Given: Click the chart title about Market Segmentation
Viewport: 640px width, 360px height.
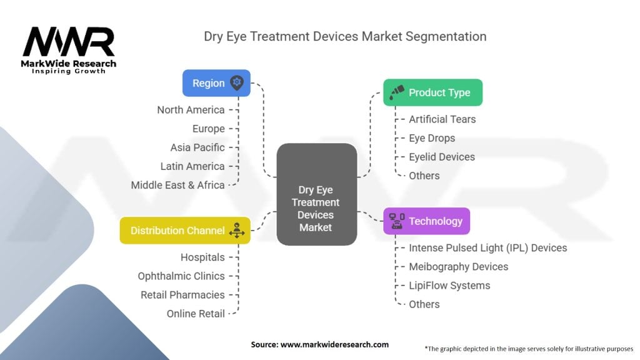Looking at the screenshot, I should click(345, 36).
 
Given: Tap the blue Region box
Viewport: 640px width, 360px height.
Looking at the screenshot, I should click(216, 83).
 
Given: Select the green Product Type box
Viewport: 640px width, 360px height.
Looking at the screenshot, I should click(432, 92).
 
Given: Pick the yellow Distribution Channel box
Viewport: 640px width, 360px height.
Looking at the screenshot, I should click(185, 231).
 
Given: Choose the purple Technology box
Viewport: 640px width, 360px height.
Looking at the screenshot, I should click(426, 221).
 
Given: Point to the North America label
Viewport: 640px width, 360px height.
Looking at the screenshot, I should click(191, 110).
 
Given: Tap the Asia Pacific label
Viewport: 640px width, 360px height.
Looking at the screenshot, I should click(197, 147).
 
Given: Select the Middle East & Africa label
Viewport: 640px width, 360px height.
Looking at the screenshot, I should click(177, 185).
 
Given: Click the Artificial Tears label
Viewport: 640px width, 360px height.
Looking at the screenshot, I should click(442, 119).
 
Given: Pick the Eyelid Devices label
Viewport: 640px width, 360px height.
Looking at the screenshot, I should click(441, 157).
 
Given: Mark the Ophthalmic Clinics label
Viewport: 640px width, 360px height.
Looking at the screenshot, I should click(181, 276).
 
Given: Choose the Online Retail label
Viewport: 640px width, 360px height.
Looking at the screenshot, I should click(196, 314).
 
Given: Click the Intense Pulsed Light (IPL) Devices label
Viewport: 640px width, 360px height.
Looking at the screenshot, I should click(487, 248).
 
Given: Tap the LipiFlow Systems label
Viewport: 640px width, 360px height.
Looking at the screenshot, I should click(449, 286).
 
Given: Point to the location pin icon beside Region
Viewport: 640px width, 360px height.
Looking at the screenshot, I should click(236, 83).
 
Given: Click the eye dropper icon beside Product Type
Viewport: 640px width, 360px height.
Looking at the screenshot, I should click(396, 92).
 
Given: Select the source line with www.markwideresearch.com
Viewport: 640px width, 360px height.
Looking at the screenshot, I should click(319, 344).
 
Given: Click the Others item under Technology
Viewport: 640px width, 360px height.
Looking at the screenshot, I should click(424, 304).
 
